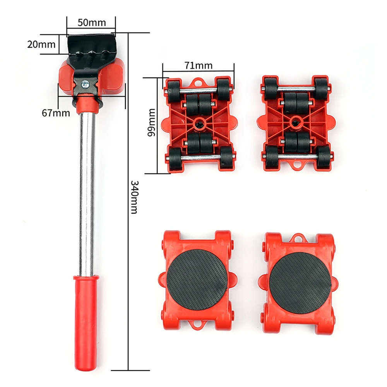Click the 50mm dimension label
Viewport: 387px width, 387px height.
tap(92, 22)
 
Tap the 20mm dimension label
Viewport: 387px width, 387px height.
tap(41, 45)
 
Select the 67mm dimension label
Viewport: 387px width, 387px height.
tap(56, 113)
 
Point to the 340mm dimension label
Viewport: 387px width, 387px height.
tap(135, 197)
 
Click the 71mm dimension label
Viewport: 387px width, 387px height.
tap(199, 65)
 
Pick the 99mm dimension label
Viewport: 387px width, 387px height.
tap(151, 122)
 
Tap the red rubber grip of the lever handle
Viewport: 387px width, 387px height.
tap(86, 309)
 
